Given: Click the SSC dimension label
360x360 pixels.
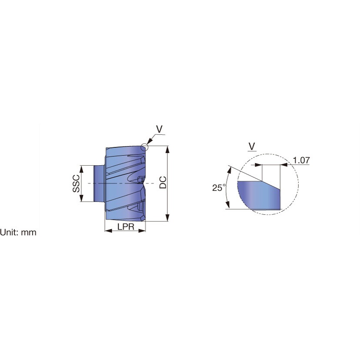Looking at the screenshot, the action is (76, 183).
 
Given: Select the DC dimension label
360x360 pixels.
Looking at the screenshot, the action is (163, 183).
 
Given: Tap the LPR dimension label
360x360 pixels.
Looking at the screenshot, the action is (126, 227).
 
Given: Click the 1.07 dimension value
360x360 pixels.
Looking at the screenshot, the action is (301, 160).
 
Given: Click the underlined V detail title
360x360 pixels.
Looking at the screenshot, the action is (252, 147).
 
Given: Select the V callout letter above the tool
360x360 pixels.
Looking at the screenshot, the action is (159, 129).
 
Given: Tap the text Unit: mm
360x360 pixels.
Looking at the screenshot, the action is (18, 232).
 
